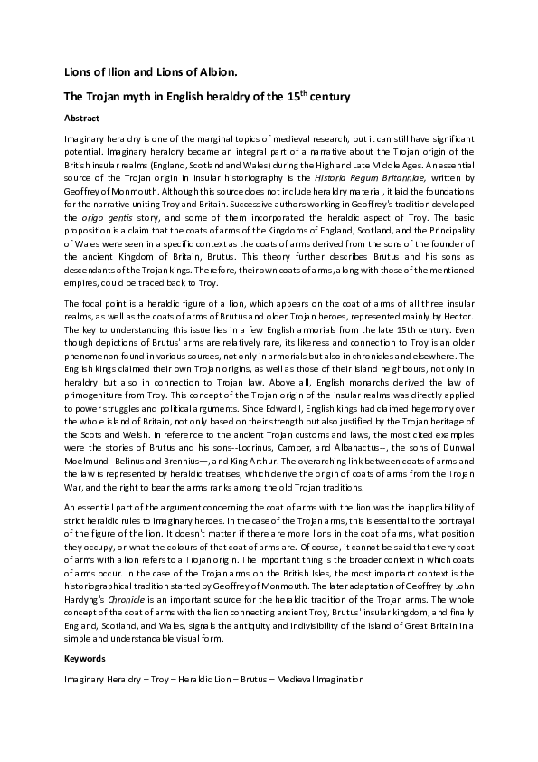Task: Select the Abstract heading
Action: [x=82, y=118]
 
